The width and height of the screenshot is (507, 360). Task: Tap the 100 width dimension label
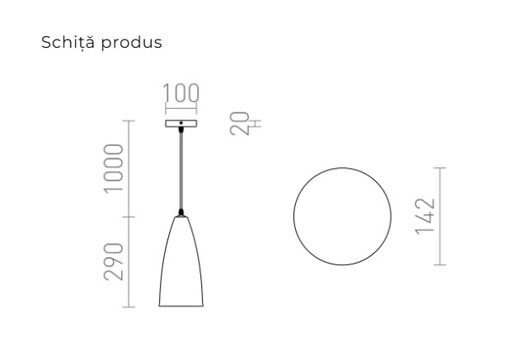coord(181,93)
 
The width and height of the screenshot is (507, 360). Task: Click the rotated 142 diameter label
coord(425,216)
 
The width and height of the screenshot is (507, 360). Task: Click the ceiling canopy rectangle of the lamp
coord(181,124)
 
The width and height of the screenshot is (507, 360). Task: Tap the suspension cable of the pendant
coord(181,169)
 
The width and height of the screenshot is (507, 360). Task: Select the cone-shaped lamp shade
coord(181,264)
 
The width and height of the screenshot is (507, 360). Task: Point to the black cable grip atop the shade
coord(181,212)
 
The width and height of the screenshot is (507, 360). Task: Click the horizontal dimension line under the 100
coord(181,109)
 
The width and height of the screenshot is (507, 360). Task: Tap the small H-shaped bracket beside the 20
coord(256,124)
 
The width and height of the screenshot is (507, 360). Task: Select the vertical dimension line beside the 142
coord(440,216)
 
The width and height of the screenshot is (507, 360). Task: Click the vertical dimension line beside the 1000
coord(128,168)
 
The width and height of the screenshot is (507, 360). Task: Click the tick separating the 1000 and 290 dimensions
coord(128,217)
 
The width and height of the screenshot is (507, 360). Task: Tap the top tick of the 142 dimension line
coord(440,167)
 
